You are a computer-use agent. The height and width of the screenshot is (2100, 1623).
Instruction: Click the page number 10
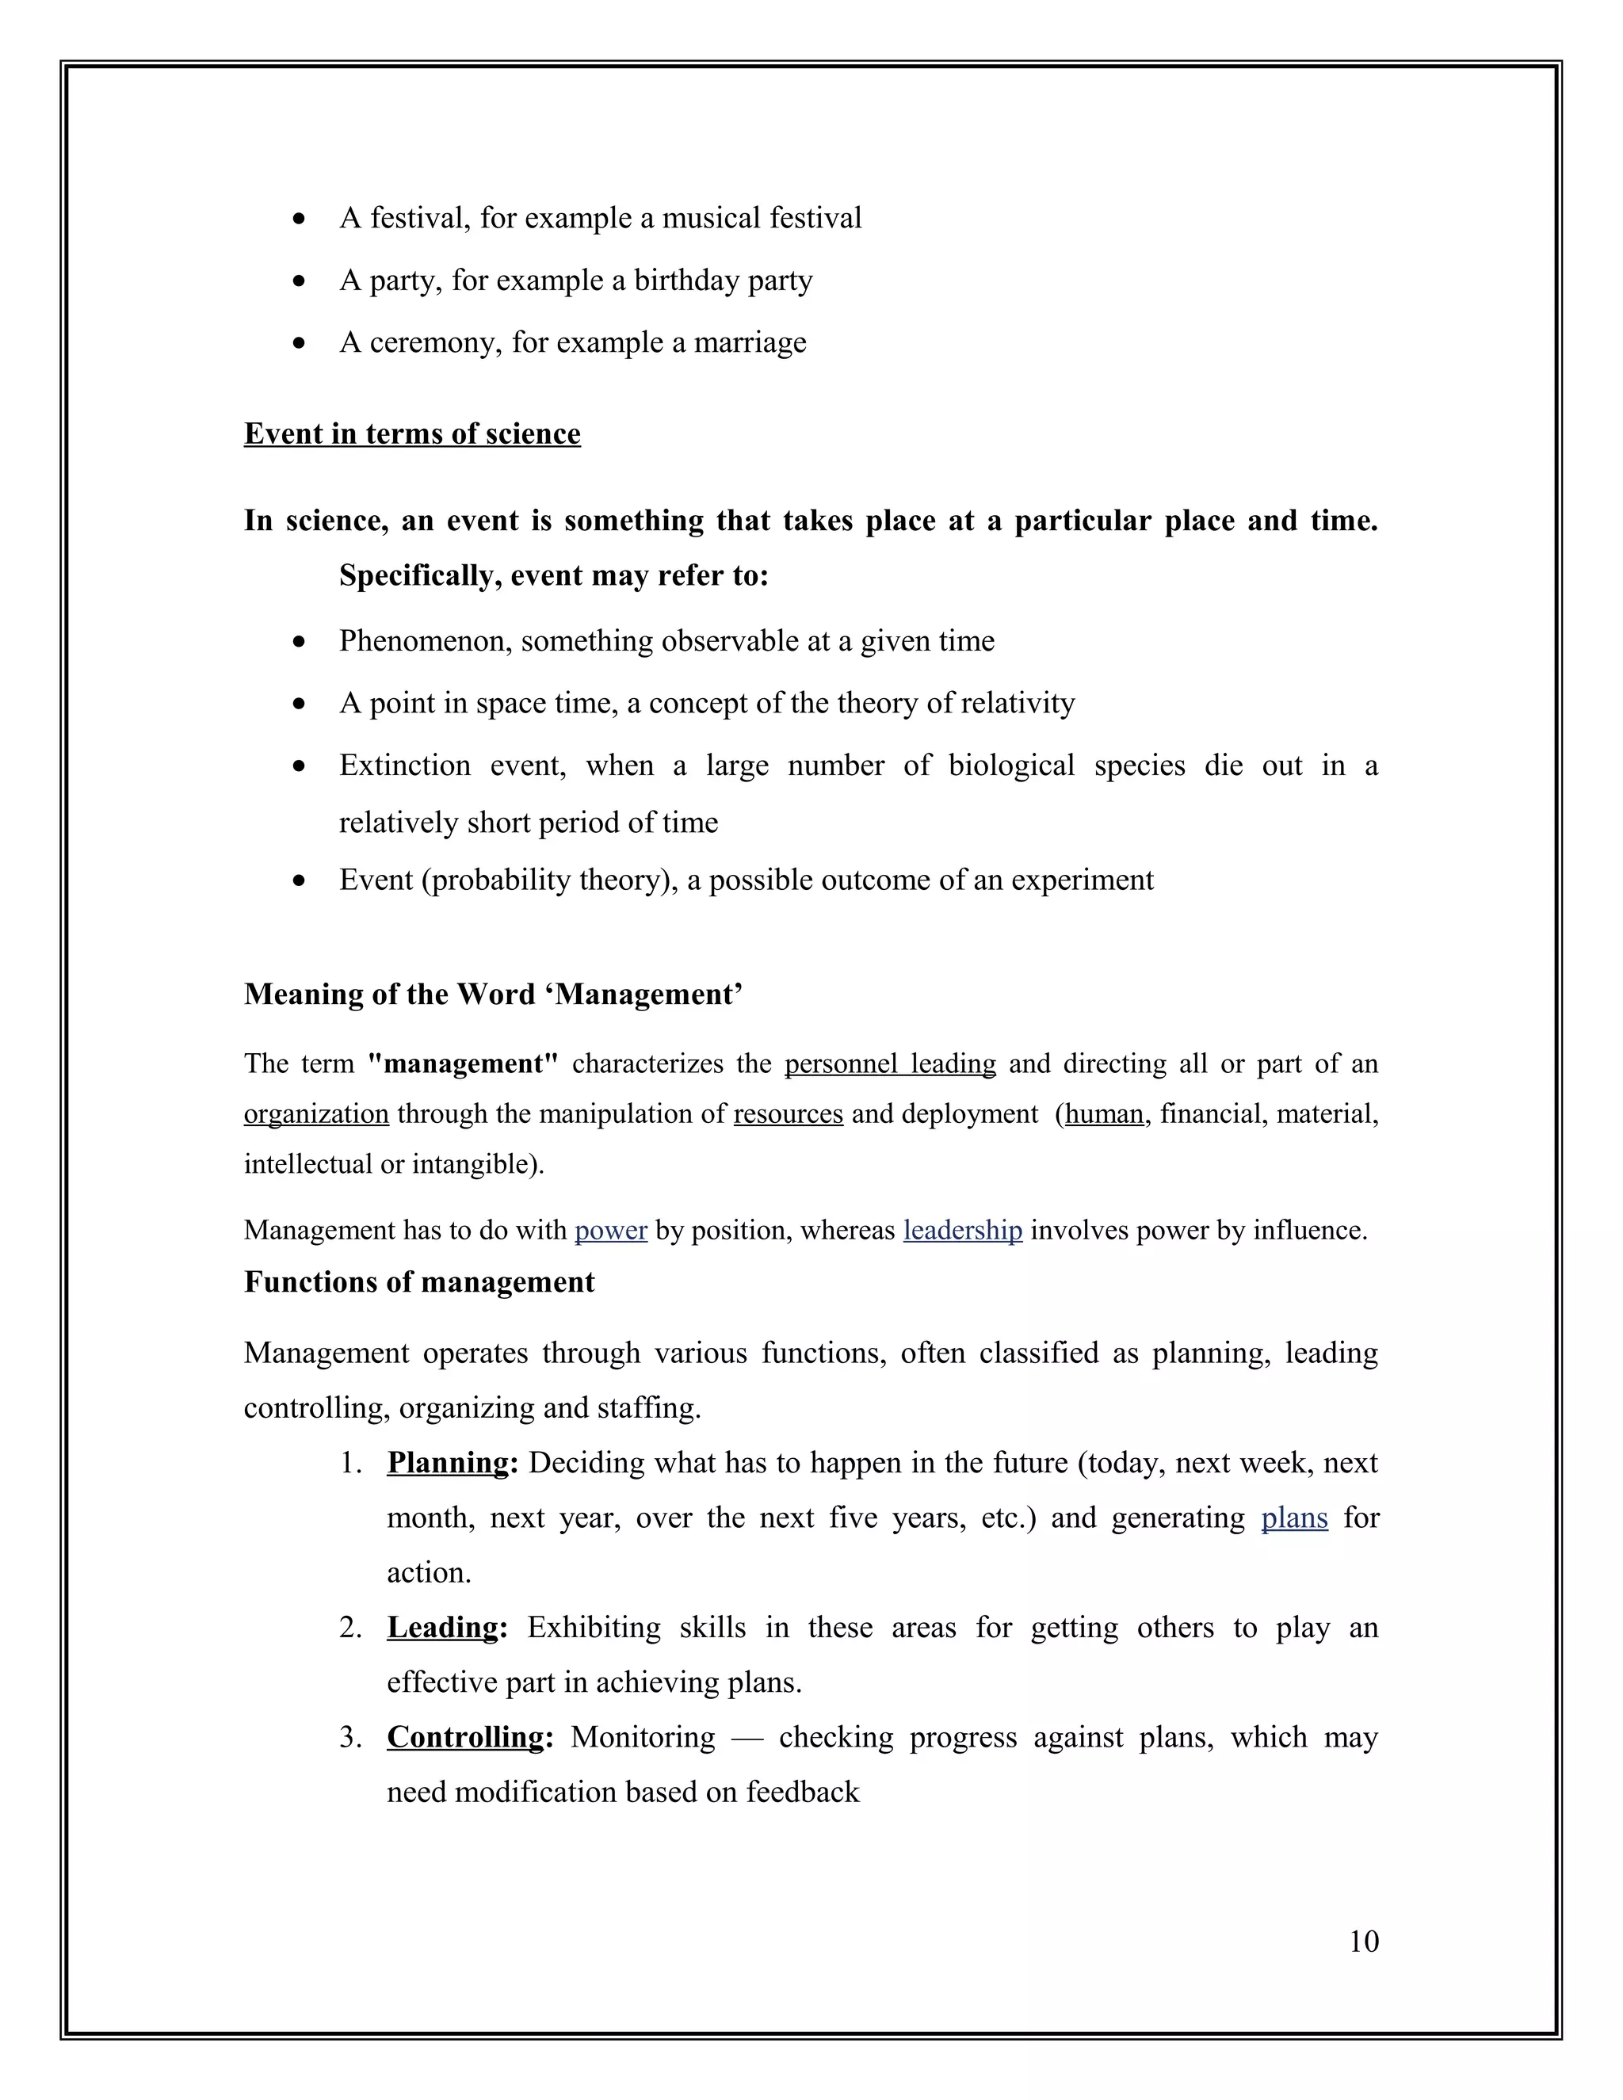(x=1363, y=1942)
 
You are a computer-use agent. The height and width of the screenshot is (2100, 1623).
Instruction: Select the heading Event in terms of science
(x=411, y=433)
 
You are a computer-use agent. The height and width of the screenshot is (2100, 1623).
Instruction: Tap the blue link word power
(x=610, y=1231)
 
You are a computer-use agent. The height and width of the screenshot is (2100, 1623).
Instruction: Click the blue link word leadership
(x=962, y=1231)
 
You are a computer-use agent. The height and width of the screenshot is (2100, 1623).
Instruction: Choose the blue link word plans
(x=1294, y=1518)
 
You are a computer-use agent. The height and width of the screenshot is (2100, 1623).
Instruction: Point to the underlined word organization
(x=316, y=1114)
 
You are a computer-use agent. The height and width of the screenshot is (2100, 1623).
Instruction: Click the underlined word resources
(x=788, y=1114)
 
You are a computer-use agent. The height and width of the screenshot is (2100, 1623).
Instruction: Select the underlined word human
(x=1104, y=1114)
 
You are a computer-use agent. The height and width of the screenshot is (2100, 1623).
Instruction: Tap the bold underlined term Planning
(x=447, y=1463)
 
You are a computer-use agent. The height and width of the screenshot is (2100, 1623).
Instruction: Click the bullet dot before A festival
(x=300, y=220)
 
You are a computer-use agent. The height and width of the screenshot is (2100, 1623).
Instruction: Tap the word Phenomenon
(x=425, y=640)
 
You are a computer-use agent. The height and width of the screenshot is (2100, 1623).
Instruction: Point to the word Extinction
(x=405, y=766)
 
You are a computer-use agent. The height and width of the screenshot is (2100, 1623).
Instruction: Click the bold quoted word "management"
(x=464, y=1064)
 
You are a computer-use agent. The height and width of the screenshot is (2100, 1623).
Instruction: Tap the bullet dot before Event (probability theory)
(x=300, y=880)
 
